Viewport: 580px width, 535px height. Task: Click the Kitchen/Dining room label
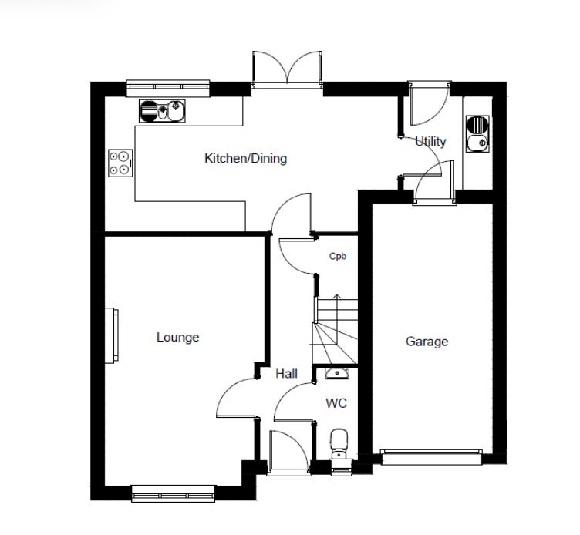click(244, 159)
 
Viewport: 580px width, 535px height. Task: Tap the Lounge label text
click(177, 337)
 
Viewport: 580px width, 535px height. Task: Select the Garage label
click(427, 342)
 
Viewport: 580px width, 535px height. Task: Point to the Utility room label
click(430, 141)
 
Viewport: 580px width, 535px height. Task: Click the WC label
click(336, 403)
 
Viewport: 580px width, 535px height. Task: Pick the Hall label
click(286, 374)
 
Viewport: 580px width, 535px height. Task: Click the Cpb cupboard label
click(337, 257)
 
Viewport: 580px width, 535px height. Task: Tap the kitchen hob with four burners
click(120, 162)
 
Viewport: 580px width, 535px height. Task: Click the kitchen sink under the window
click(163, 113)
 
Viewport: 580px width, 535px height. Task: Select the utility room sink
click(477, 133)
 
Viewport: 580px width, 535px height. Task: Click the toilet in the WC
click(339, 444)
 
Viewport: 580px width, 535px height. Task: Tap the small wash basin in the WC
click(336, 374)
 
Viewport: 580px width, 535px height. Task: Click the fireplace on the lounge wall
click(113, 335)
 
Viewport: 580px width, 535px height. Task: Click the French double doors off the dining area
click(286, 69)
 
